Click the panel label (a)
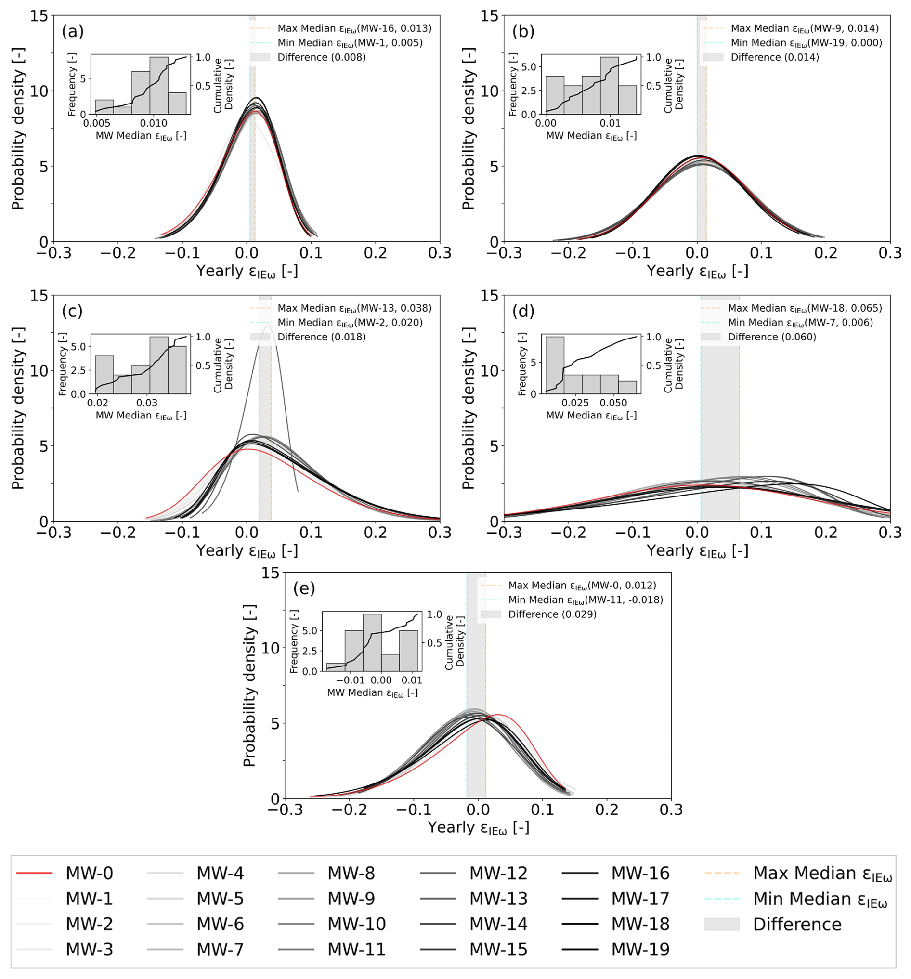73,31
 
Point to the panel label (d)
523,311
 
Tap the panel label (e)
304,588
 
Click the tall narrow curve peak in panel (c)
268,326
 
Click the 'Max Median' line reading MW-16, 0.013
354,28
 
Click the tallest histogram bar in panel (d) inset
555,365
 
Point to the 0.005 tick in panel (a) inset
96,123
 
